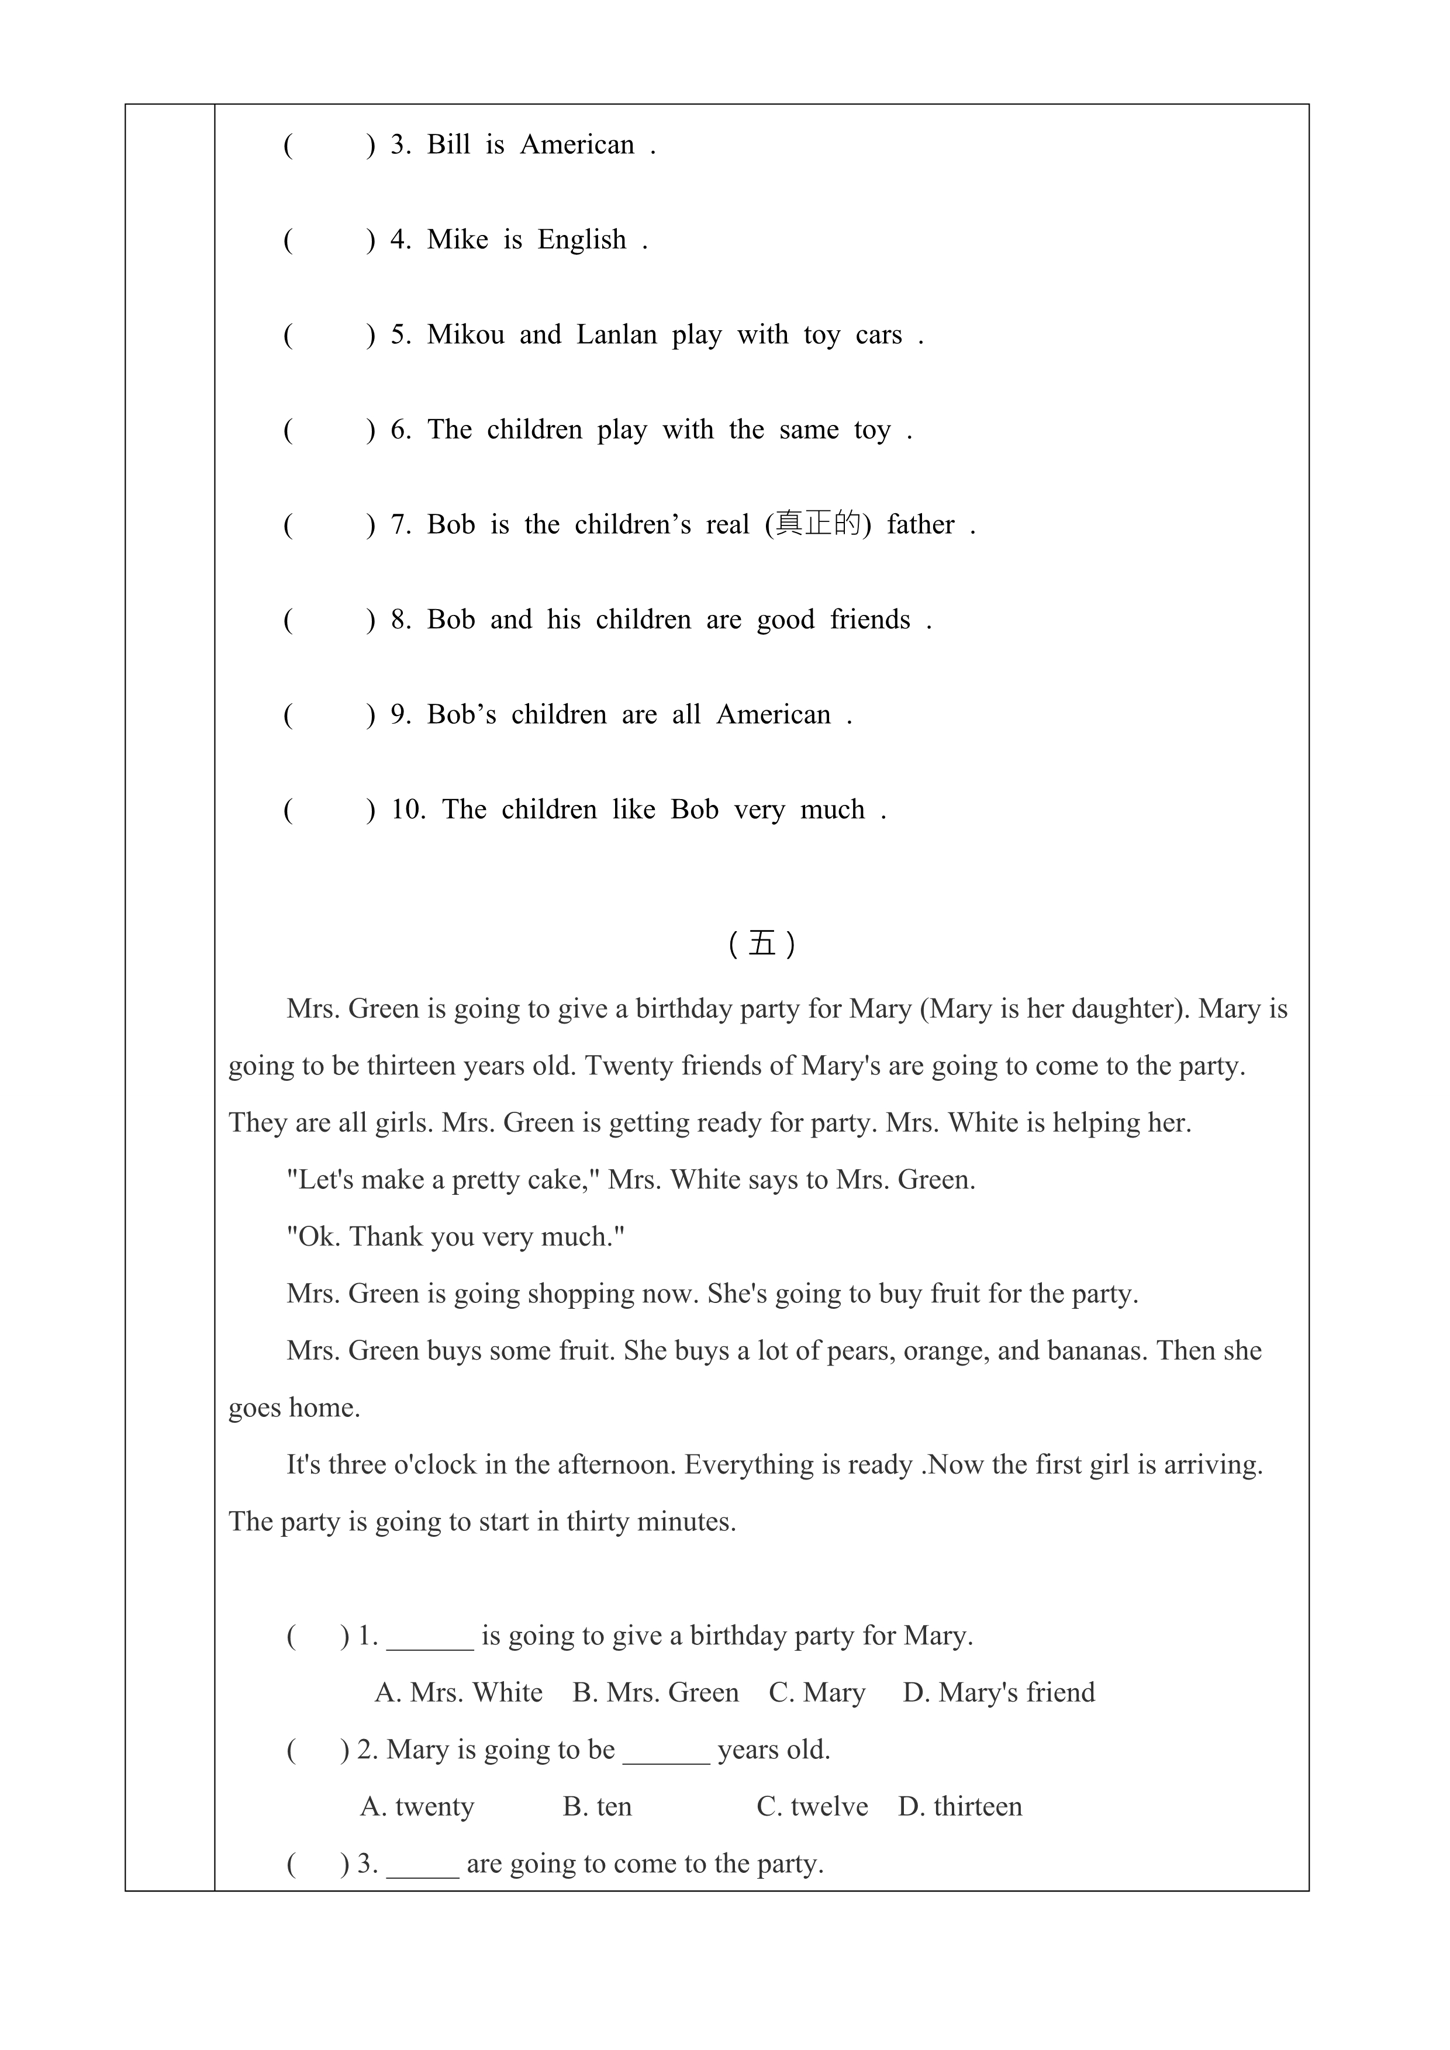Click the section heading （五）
click(x=762, y=944)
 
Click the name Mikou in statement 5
click(x=465, y=335)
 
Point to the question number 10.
click(x=408, y=810)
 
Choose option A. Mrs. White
click(x=458, y=1692)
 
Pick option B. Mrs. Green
click(x=655, y=1692)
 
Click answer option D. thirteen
click(x=960, y=1806)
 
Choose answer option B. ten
click(x=598, y=1806)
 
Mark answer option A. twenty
click(x=417, y=1806)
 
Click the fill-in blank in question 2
click(x=666, y=1750)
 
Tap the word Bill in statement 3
click(x=448, y=144)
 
